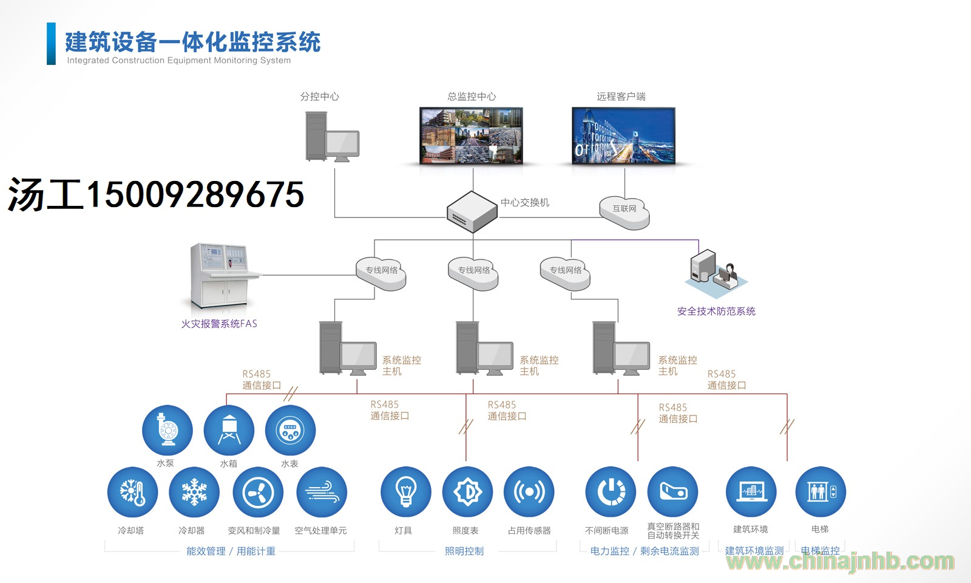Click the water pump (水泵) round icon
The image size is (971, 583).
pos(167,431)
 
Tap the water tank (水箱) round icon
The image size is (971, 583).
pos(229,431)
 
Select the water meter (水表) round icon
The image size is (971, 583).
pos(291,431)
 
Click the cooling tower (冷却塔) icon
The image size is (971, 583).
pos(133,492)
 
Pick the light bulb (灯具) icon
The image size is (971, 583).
pos(406,492)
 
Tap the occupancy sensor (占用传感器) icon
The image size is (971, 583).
pos(529,492)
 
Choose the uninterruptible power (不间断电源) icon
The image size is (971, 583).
pos(611,492)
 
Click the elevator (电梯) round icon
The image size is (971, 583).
pos(820,492)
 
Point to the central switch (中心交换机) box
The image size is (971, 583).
pos(472,212)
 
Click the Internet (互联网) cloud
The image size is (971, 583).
pos(624,213)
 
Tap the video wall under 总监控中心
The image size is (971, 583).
pos(471,136)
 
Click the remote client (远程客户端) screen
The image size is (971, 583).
pos(623,136)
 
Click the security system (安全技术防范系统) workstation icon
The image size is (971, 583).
pos(716,273)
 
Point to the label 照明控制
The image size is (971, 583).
pos(464,551)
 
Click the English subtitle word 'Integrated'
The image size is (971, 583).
pos(88,60)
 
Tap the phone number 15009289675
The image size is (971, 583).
pos(195,194)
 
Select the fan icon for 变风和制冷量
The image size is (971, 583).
pos(258,492)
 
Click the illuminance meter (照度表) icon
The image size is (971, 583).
pos(467,492)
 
